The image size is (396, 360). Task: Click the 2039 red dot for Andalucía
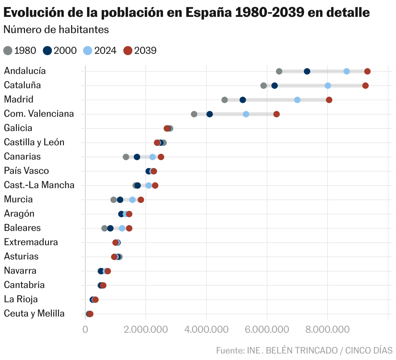(367, 71)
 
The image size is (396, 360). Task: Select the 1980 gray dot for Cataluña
(264, 86)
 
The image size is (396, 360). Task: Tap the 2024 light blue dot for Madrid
(297, 100)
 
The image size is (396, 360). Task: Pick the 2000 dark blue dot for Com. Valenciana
(210, 114)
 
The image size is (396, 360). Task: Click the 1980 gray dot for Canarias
(126, 157)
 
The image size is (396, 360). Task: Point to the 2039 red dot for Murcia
(141, 200)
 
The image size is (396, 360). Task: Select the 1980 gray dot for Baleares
(105, 228)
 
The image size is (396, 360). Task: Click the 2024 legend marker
(88, 51)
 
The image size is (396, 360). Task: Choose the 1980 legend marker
(8, 51)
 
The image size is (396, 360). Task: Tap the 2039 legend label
(145, 51)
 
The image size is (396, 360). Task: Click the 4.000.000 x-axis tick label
(206, 330)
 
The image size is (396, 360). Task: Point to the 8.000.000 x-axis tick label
(328, 330)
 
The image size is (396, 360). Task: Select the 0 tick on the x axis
(85, 330)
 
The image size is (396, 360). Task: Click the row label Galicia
(18, 128)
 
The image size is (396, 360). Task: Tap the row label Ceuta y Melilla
(34, 313)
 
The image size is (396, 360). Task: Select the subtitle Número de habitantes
(56, 30)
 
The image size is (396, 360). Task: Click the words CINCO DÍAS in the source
(369, 350)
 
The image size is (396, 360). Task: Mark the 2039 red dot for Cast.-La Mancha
(155, 186)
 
